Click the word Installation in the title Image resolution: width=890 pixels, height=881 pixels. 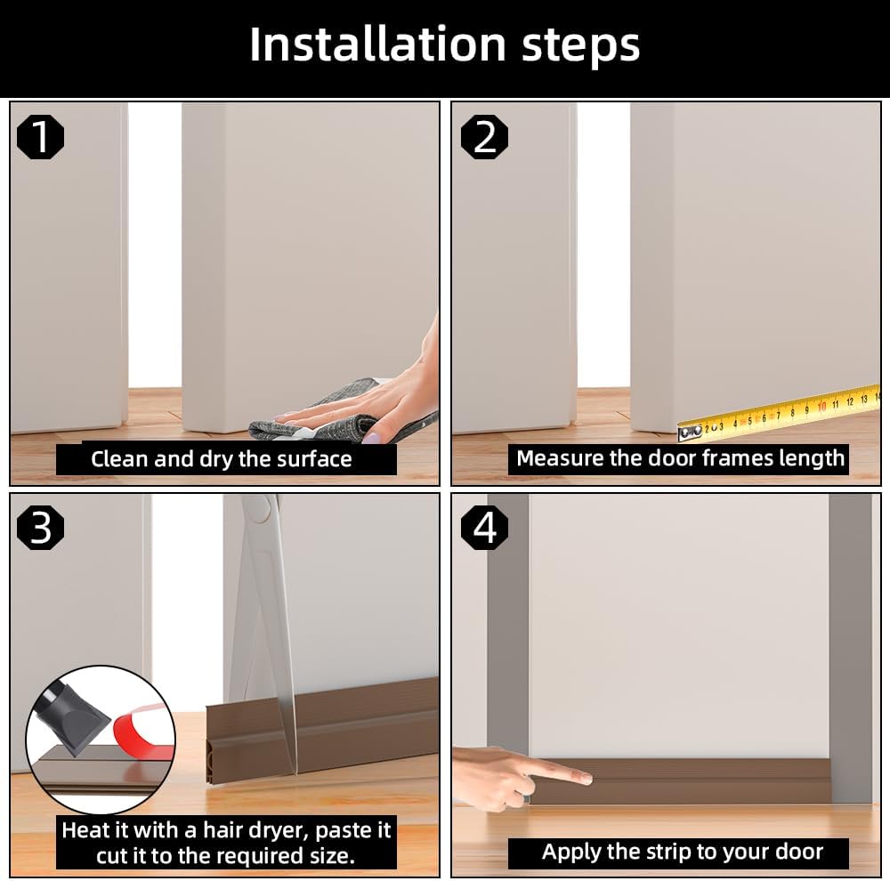[377, 44]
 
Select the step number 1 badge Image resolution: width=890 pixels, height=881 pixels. [40, 137]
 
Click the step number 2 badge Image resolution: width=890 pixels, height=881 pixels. [484, 137]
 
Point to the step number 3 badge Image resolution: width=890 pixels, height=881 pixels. [40, 528]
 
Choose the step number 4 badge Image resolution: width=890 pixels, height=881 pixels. [484, 528]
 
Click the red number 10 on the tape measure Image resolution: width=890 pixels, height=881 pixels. [821, 407]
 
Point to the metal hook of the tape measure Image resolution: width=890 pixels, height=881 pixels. [691, 433]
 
